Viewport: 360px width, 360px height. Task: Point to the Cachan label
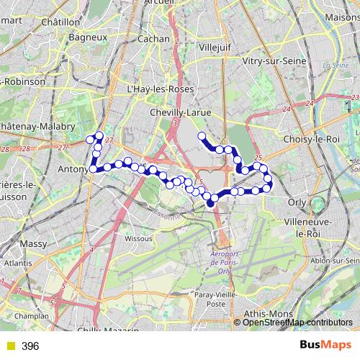coord(153,39)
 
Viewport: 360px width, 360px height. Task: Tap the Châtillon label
coord(60,22)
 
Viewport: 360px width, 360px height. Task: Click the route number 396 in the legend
coord(30,346)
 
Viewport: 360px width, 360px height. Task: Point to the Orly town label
coord(297,202)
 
